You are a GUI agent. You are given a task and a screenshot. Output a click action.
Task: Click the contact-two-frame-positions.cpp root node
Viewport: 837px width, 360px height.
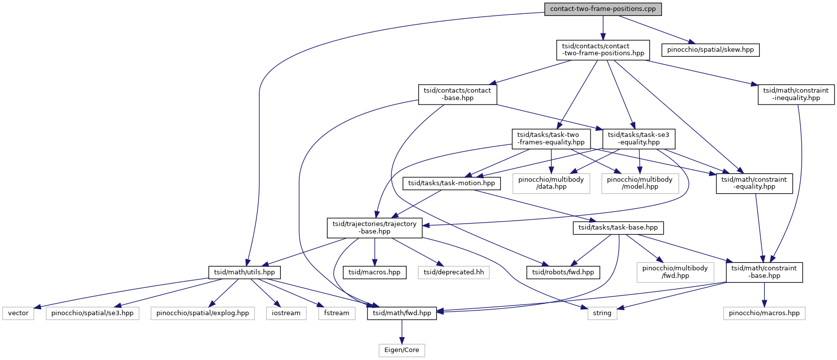point(602,9)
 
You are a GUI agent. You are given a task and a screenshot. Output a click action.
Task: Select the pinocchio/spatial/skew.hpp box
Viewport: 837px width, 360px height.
point(710,50)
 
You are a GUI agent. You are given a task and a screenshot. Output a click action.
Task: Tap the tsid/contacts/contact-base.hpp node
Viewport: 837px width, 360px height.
point(457,94)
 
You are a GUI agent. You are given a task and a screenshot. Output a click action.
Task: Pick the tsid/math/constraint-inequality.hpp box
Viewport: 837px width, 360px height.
point(796,94)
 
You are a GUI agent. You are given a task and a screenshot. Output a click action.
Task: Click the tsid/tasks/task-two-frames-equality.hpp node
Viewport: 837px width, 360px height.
point(551,138)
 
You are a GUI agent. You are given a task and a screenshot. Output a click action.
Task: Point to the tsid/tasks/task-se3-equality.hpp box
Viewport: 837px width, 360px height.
point(638,138)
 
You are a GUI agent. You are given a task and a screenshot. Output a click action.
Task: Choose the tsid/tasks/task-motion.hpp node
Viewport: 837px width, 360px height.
point(451,183)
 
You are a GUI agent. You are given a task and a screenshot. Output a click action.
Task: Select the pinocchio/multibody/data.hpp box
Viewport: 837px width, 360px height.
point(551,183)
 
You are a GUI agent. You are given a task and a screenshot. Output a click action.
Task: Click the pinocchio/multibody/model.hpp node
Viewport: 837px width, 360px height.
point(640,183)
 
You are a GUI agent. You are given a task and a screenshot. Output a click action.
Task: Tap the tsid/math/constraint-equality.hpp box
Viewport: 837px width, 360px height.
point(754,183)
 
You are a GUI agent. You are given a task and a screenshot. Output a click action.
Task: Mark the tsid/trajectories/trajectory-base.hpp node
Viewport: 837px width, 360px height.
point(374,228)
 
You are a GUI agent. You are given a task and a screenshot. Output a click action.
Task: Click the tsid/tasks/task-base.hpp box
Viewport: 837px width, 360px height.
point(618,228)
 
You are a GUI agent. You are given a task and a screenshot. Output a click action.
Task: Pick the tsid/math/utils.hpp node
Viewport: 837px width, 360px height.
point(244,272)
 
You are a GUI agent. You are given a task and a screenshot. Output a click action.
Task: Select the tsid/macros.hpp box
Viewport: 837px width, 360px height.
point(374,272)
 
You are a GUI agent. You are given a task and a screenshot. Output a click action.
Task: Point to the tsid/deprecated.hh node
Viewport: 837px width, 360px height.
point(454,272)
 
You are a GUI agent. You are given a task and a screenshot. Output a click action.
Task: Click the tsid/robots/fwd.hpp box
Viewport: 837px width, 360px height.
point(563,272)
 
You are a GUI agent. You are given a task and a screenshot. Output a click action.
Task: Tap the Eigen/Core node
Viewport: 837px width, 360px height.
point(401,350)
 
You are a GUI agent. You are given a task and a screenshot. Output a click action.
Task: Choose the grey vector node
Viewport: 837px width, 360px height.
point(18,313)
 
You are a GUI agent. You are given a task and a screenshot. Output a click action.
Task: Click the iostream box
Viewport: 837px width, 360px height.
point(286,313)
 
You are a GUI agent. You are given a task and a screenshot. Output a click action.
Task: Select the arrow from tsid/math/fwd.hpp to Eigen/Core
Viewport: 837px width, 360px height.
point(402,332)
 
